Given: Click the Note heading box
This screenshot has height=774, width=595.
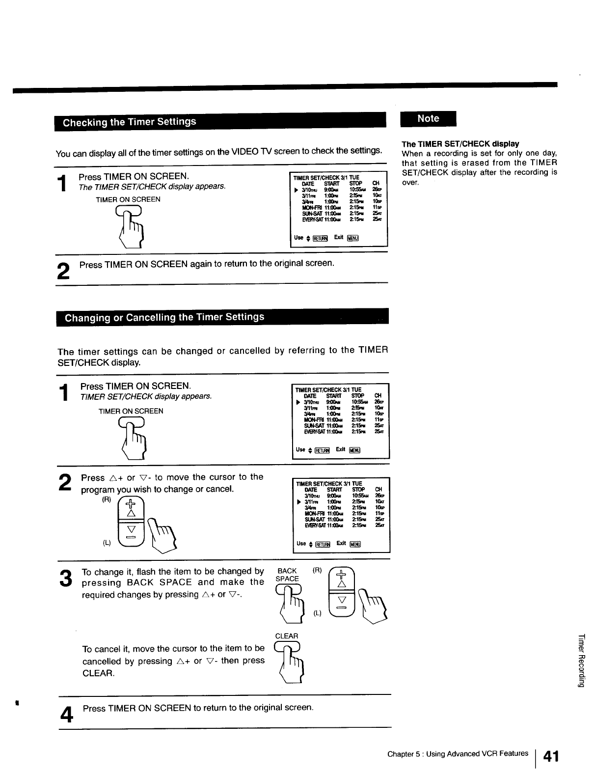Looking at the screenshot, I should coord(428,119).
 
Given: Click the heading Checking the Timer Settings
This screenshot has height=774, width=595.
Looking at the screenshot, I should coord(129,122).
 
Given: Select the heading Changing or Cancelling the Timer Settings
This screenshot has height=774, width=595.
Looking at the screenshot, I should coord(164,317).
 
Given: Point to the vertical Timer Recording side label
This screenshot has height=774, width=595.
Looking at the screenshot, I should coord(581,661).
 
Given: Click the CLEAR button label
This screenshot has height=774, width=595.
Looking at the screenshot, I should coord(287,636).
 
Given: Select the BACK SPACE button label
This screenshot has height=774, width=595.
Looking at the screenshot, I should coord(287,575).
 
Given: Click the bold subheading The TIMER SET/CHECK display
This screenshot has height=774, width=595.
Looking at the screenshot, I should coord(460,144).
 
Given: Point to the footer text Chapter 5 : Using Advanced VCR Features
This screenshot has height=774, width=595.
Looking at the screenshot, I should coord(458,753).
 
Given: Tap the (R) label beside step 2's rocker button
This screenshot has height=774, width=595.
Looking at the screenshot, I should coord(107,499).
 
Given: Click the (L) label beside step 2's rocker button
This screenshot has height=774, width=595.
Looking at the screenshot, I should coord(107,543).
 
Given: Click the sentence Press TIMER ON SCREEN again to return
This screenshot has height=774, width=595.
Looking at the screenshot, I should coord(207,264).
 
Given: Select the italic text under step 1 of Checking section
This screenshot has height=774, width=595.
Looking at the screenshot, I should coord(152,187).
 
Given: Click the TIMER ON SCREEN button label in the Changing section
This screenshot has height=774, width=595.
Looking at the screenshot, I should coord(131,411).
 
